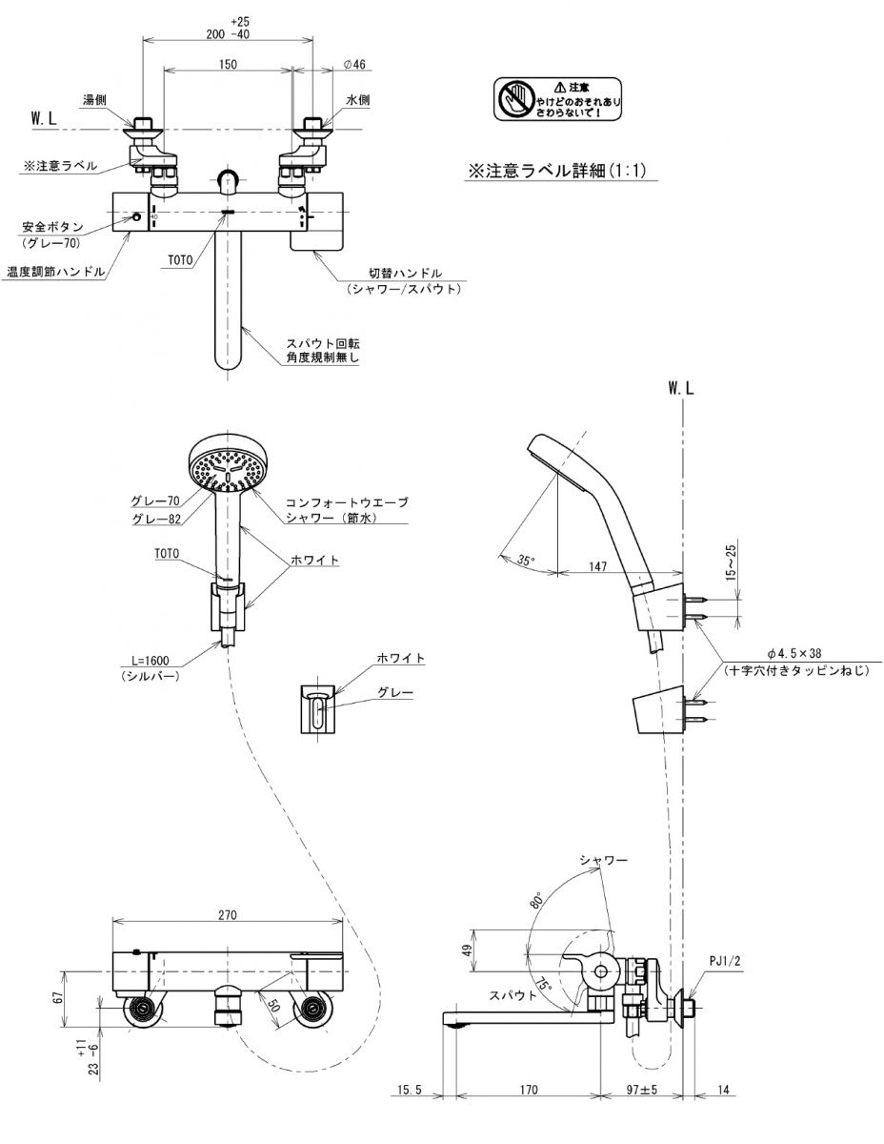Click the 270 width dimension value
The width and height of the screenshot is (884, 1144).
(227, 914)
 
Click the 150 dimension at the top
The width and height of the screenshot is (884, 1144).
(227, 64)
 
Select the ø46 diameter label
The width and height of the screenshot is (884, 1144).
(354, 64)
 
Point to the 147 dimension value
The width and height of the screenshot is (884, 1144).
(597, 566)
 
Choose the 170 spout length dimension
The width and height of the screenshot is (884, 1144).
(530, 1090)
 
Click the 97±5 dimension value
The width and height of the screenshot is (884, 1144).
(643, 1090)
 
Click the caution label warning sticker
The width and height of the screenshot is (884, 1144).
(558, 100)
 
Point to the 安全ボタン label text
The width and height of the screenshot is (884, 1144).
(53, 228)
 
